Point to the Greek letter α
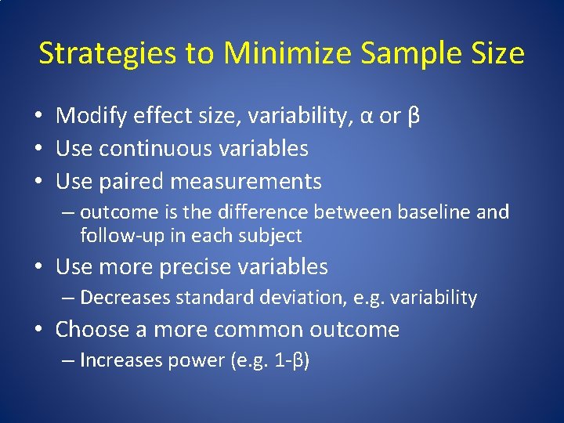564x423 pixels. (x=366, y=117)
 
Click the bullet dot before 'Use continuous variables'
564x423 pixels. (x=38, y=149)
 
